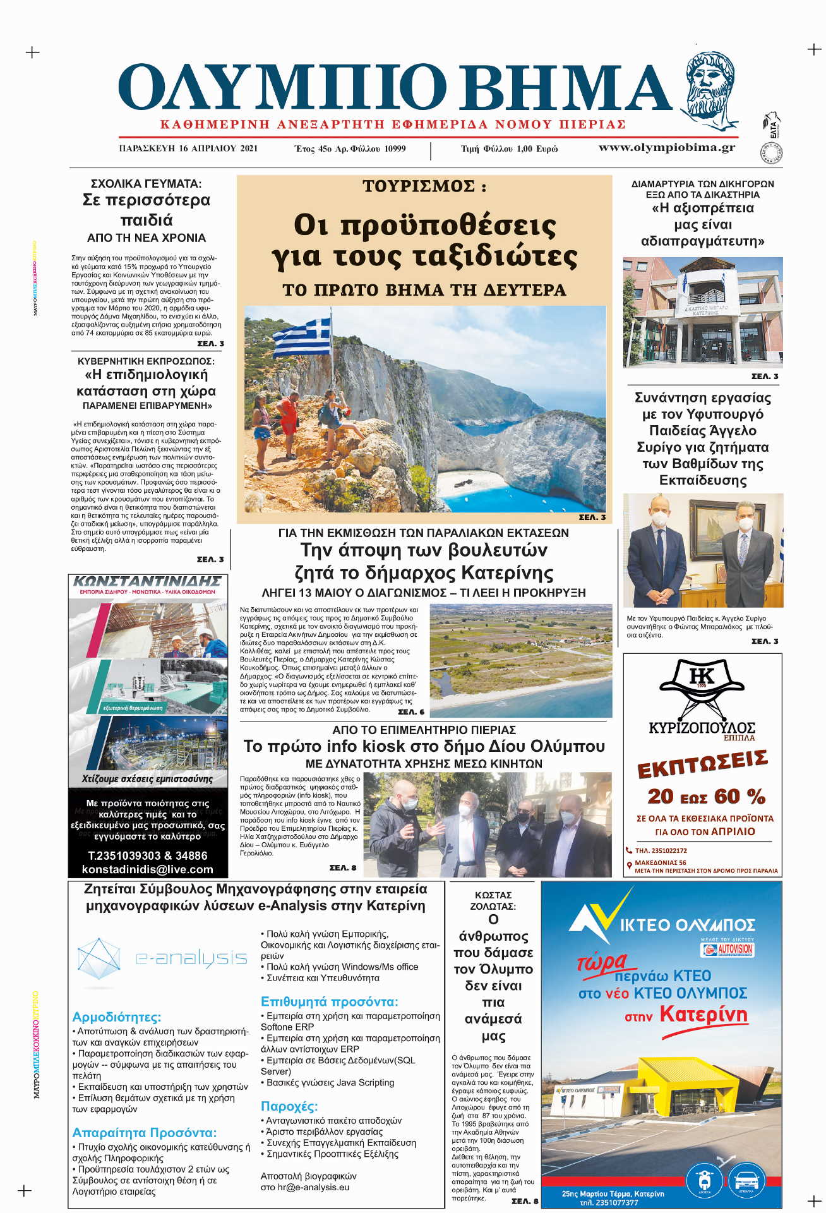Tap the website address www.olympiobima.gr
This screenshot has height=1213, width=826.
click(x=666, y=148)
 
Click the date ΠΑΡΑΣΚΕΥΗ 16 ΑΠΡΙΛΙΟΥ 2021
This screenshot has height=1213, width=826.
click(x=188, y=148)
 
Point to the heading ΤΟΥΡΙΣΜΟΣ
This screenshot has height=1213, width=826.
click(x=424, y=186)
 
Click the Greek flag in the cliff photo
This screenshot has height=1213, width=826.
click(x=302, y=337)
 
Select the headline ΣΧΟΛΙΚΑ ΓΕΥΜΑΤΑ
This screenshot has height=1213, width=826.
click(x=146, y=184)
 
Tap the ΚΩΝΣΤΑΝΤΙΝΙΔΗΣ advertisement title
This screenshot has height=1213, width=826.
click(x=148, y=581)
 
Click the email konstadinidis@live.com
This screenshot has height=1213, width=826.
click(x=148, y=869)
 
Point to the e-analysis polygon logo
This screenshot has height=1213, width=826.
click(x=99, y=958)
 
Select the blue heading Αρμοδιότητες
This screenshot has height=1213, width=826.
click(x=117, y=1017)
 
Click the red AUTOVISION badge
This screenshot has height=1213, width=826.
click(x=727, y=949)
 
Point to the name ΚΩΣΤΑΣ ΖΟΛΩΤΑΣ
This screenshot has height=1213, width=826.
click(x=493, y=900)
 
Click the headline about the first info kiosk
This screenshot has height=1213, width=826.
click(x=424, y=746)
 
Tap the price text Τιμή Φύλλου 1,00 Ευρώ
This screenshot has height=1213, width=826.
click(x=509, y=149)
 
